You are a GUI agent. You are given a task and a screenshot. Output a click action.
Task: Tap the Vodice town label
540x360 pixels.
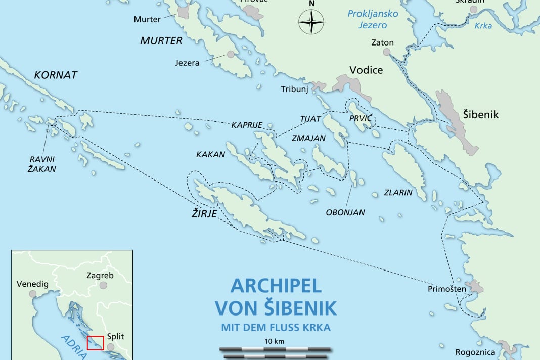(366, 70)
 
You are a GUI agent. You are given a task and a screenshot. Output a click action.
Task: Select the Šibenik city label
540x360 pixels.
(480, 115)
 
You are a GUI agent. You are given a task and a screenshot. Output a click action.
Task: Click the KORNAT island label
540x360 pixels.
(56, 75)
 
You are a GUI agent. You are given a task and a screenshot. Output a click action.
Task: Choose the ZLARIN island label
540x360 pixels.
(398, 192)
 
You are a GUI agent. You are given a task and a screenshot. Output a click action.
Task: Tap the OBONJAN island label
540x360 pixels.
(345, 212)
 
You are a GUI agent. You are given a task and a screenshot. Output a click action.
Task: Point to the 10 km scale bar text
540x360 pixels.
(275, 341)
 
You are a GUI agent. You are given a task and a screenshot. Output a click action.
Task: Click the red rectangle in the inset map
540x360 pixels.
(95, 343)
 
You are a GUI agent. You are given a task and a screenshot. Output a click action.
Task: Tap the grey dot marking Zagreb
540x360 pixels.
(103, 285)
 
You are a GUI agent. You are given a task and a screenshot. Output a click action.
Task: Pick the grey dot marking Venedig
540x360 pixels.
(32, 294)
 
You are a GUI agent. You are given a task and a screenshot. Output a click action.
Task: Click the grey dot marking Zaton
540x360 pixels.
(387, 52)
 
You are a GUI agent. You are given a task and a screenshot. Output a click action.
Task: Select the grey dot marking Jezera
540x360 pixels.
(231, 54)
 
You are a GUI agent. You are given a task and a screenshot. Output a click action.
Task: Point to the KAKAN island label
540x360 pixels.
(210, 154)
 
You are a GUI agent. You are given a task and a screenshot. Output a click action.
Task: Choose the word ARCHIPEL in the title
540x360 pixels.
(276, 286)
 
